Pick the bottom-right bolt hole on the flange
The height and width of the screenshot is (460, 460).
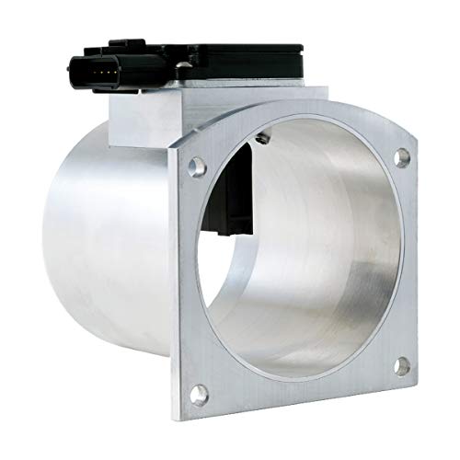coord(402,366)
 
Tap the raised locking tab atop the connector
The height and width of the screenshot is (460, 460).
coord(119,42)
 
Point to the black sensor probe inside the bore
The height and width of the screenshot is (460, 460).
coord(241,198)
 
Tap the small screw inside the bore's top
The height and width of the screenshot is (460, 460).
coord(264,139)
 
